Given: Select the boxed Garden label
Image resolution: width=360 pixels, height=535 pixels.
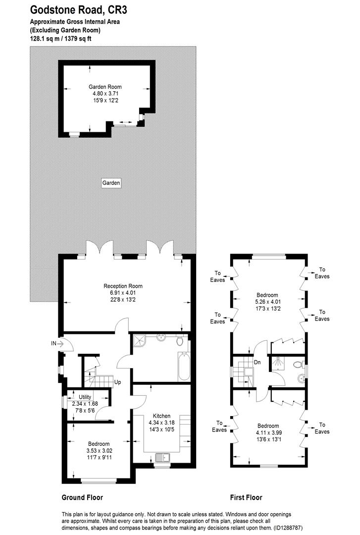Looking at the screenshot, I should [x=111, y=183].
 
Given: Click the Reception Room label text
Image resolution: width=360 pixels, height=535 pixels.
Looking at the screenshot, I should [x=123, y=286].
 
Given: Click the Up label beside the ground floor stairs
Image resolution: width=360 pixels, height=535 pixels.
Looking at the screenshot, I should [x=118, y=382].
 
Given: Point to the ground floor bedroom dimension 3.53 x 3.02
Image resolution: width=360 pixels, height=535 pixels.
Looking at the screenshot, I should [x=99, y=450].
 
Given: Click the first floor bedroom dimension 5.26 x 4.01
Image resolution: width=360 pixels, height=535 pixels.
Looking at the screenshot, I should [x=270, y=302].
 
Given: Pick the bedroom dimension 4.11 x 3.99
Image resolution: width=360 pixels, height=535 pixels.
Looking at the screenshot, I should [x=267, y=432].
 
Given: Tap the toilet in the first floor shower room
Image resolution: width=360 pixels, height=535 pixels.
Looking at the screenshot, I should [x=298, y=365].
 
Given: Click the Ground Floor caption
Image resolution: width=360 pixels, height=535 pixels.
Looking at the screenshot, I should [x=82, y=497].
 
